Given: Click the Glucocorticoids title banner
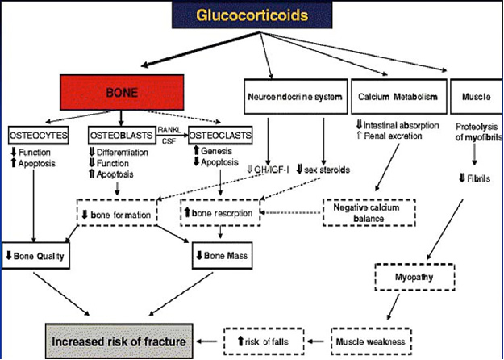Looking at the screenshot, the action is [252, 15].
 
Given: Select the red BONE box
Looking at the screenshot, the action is [122, 92].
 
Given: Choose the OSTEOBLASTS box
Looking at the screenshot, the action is [121, 136].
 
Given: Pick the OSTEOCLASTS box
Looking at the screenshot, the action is [220, 136].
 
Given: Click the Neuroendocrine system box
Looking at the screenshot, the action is [296, 97].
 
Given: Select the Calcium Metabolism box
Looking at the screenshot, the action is [399, 97].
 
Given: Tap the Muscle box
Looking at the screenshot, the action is [477, 97].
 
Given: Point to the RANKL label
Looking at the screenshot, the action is [169, 130].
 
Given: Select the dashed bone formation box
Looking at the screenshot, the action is [117, 212].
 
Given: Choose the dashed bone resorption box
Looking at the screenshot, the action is [220, 212].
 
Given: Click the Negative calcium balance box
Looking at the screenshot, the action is [369, 212].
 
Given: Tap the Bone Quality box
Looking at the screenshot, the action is [35, 256].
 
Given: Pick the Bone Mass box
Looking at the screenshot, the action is [222, 256].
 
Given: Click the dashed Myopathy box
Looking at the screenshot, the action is [414, 277].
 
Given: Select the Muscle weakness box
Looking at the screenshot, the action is [371, 341].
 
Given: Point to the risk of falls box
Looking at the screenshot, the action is [264, 341].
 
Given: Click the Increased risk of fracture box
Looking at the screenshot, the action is [119, 341].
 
